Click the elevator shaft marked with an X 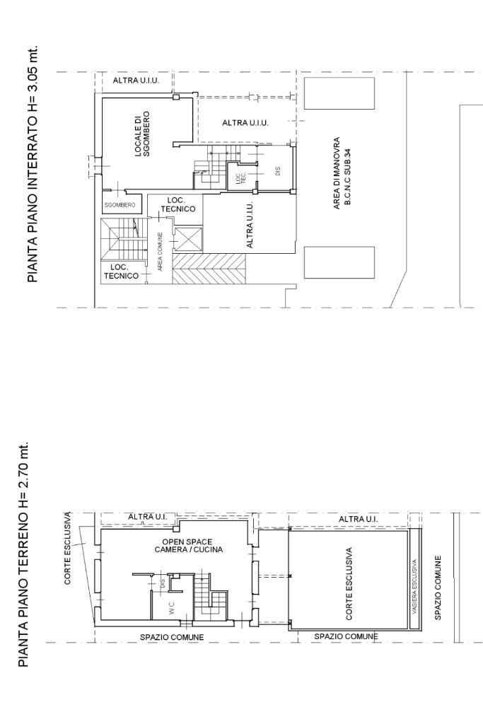(x=188, y=239)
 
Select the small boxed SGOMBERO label (x=120, y=204)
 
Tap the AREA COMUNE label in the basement (x=161, y=252)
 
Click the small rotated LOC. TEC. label (x=238, y=180)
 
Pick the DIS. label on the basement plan (x=278, y=170)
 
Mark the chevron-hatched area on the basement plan (x=209, y=269)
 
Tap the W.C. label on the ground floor (x=172, y=607)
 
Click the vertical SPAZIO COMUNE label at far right (x=438, y=588)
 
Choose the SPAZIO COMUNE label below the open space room (x=172, y=637)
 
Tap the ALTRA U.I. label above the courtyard (x=358, y=519)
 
